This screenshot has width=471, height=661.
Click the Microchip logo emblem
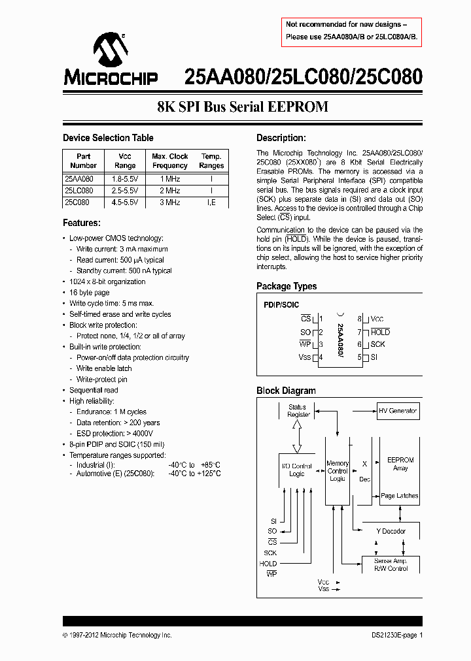pos(109,52)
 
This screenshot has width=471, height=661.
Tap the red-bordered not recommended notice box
pos(351,31)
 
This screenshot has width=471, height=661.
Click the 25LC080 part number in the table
pos(79,190)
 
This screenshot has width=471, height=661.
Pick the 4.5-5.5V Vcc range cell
pos(124,202)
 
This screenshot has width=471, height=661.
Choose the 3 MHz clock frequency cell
pos(169,202)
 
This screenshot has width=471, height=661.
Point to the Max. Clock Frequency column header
pos(169,161)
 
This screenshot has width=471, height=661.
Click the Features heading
pos(81,223)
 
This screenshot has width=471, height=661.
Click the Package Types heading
pos(287,286)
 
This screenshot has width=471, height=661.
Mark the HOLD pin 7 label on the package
pos(380,332)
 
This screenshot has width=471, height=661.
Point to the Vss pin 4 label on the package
pos(305,357)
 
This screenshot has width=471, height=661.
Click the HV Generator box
pos(398,411)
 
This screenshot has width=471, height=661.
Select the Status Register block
pos(298,411)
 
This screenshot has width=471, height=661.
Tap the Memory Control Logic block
pos(338,470)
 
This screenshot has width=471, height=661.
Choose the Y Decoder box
pos(391,531)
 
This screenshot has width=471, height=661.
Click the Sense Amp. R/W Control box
pos(391,564)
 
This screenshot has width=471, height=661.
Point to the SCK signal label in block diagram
pos(270,553)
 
